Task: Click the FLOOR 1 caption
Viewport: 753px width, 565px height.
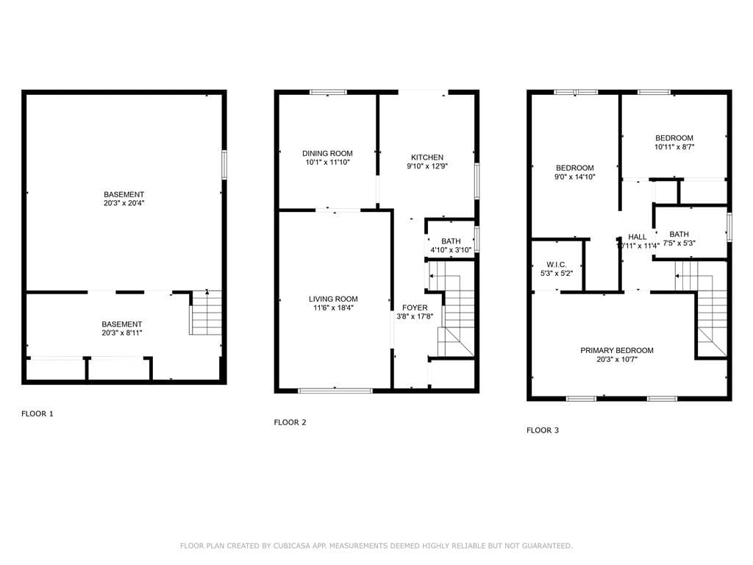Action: [x=37, y=413]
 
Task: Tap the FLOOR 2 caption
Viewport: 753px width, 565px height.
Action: [x=290, y=422]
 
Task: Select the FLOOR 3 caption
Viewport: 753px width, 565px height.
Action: [x=543, y=430]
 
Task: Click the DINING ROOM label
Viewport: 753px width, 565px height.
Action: [x=327, y=154]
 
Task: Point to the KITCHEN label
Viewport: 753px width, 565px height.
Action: [x=427, y=157]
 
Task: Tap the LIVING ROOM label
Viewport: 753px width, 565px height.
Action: [x=333, y=299]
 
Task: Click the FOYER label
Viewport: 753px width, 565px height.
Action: [x=415, y=308]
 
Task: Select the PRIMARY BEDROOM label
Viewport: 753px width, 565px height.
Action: [x=616, y=350]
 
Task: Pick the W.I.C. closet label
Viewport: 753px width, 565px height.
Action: [x=555, y=264]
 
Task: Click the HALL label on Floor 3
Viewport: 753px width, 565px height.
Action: [x=638, y=237]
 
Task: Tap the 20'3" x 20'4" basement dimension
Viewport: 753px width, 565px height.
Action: [x=123, y=203]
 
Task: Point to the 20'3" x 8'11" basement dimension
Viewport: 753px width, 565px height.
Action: [x=121, y=333]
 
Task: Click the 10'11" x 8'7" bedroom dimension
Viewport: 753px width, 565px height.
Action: [x=674, y=147]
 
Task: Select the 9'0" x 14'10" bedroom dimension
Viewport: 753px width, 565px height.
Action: [x=574, y=177]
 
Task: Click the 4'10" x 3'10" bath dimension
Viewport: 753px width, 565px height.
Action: [x=451, y=250]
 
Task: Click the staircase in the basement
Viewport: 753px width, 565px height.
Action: [x=207, y=313]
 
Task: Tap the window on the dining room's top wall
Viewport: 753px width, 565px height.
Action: [x=328, y=92]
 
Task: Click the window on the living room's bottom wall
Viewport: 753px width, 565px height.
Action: [x=335, y=390]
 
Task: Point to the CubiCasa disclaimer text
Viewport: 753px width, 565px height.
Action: [x=376, y=546]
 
